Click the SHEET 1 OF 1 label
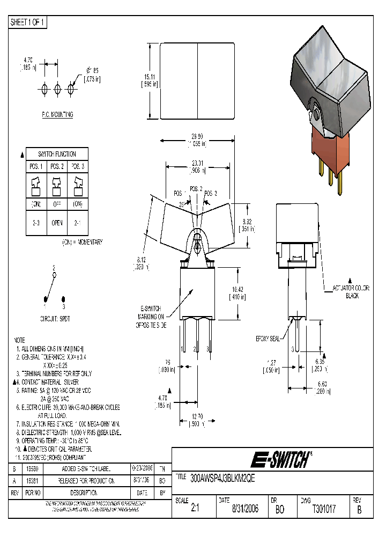point(28,23)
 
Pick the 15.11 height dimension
point(149,80)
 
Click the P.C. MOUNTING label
point(57,115)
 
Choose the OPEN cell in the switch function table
point(57,223)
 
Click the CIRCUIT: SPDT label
point(55,318)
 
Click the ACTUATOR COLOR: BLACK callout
point(351,292)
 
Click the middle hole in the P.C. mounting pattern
point(57,88)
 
